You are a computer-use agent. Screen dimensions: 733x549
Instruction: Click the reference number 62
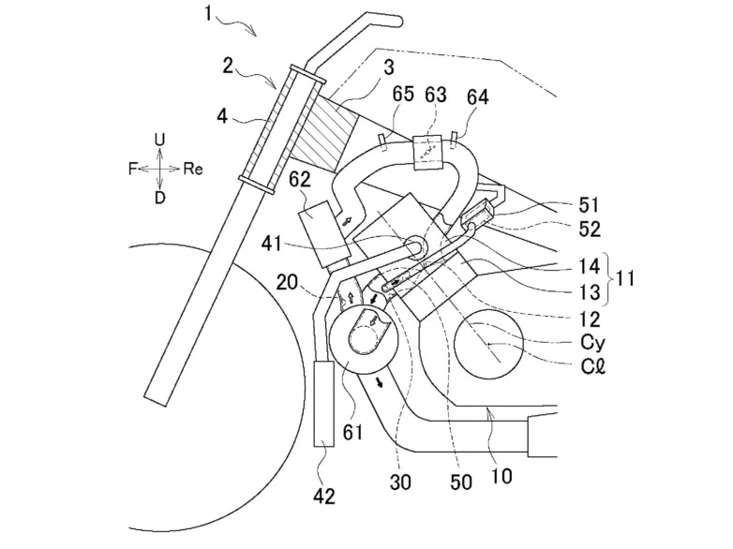300,180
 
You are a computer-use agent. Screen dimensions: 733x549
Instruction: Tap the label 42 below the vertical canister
324,496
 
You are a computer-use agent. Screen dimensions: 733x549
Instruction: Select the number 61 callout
352,432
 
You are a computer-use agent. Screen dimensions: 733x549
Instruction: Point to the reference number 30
399,482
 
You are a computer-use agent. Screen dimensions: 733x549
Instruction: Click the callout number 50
460,482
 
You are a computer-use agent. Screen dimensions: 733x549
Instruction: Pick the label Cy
592,344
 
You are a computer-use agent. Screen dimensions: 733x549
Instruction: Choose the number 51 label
589,204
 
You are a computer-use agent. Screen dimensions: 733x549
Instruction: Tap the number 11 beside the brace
624,278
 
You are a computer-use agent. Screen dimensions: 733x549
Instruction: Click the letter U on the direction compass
160,140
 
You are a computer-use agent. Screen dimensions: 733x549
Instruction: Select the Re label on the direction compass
193,169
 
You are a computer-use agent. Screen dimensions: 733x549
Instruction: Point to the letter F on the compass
133,169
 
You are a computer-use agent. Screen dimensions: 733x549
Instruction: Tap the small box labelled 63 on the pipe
427,152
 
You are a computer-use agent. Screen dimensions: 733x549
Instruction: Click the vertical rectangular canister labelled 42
323,403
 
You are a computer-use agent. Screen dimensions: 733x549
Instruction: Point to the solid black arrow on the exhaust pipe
381,381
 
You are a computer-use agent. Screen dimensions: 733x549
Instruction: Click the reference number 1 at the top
208,13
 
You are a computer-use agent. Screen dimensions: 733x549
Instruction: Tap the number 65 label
402,94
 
